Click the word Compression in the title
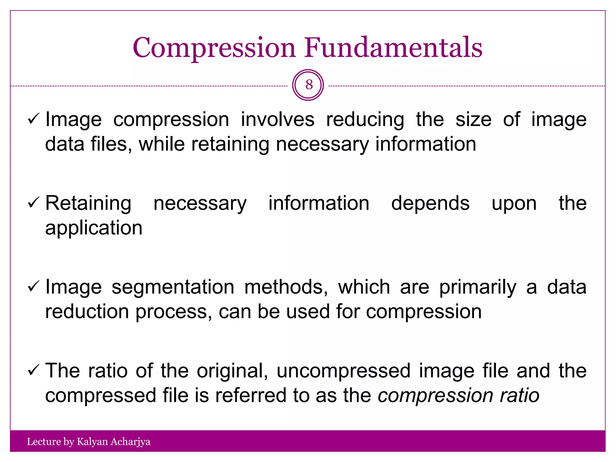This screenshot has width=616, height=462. pyautogui.click(x=214, y=48)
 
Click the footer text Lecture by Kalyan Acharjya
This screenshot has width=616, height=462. pyautogui.click(x=88, y=442)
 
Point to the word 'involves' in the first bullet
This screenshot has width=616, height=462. pyautogui.click(x=277, y=119)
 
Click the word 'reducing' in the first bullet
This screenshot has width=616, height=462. pyautogui.click(x=365, y=120)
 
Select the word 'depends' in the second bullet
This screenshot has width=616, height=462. pyautogui.click(x=430, y=203)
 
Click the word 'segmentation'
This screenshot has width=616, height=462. pyautogui.click(x=173, y=288)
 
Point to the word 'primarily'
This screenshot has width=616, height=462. pyautogui.click(x=478, y=288)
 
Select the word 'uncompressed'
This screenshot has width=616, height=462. pyautogui.click(x=343, y=371)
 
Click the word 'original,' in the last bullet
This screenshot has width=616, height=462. pyautogui.click(x=232, y=371)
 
